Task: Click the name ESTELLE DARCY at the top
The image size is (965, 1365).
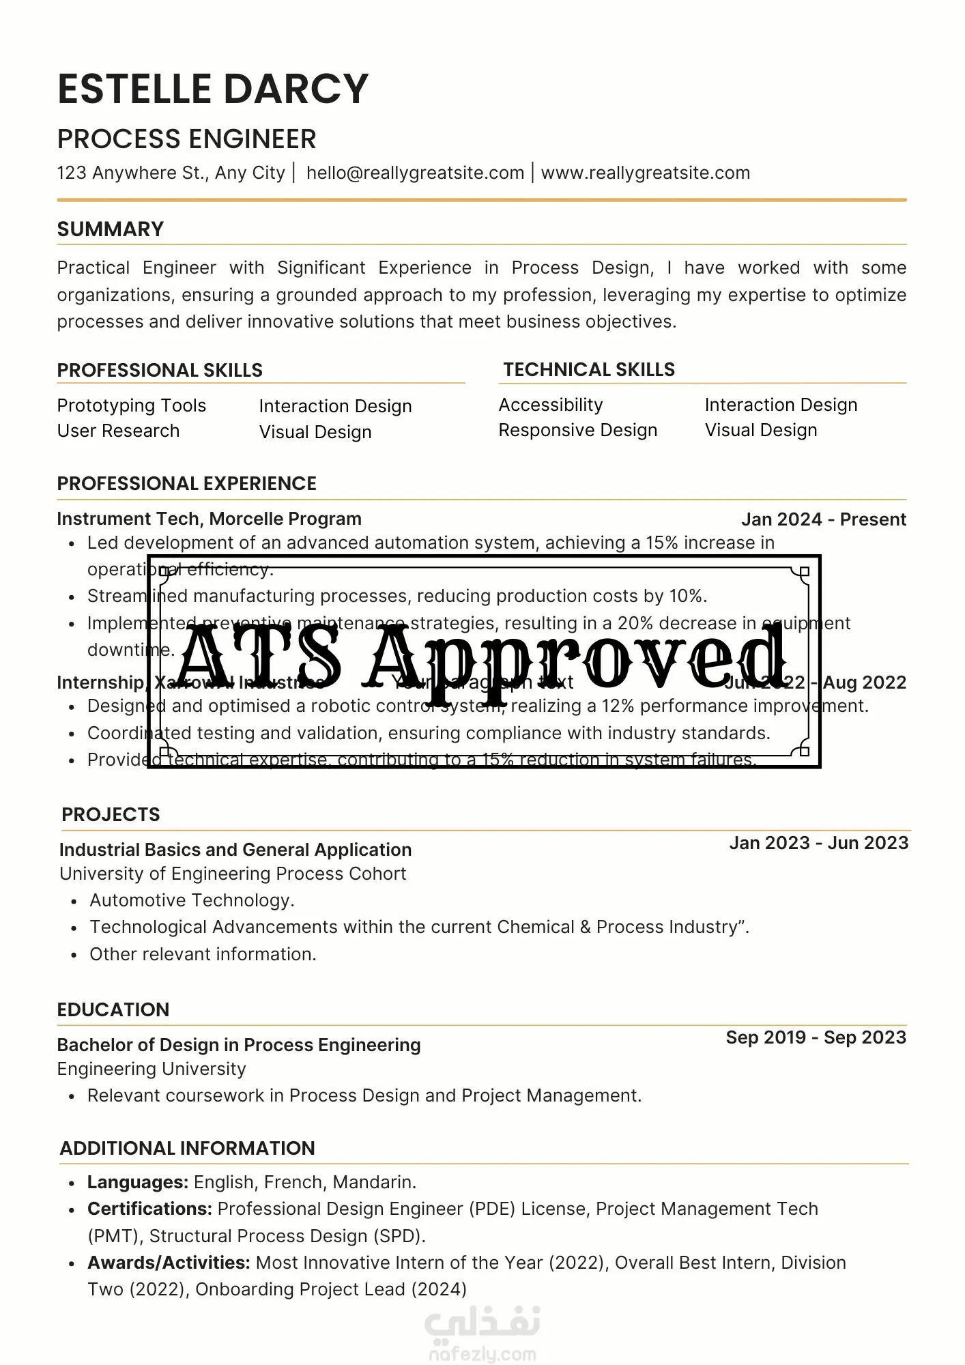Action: [x=213, y=89]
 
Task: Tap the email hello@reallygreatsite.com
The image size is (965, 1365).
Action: [x=415, y=173]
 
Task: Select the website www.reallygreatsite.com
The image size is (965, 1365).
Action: [x=645, y=173]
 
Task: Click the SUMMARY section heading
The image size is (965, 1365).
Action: [x=111, y=229]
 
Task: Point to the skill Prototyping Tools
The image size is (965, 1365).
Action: [x=131, y=405]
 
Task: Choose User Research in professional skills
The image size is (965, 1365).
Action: [x=118, y=431]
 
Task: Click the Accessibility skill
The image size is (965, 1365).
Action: [x=551, y=405]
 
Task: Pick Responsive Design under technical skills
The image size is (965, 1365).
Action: [x=578, y=430]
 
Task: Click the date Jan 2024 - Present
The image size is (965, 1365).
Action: [x=823, y=519]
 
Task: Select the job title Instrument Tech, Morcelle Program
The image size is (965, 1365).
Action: [x=209, y=519]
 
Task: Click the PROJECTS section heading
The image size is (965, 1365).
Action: [x=111, y=814]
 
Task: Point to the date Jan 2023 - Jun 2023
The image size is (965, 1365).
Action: [x=818, y=843]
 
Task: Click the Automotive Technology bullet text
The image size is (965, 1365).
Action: [x=192, y=900]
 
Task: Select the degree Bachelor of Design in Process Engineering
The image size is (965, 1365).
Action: [x=239, y=1045]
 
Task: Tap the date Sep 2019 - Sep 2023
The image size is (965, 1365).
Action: [x=816, y=1037]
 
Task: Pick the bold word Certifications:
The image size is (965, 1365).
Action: [x=149, y=1209]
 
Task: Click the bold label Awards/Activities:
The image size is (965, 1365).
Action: [x=169, y=1263]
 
